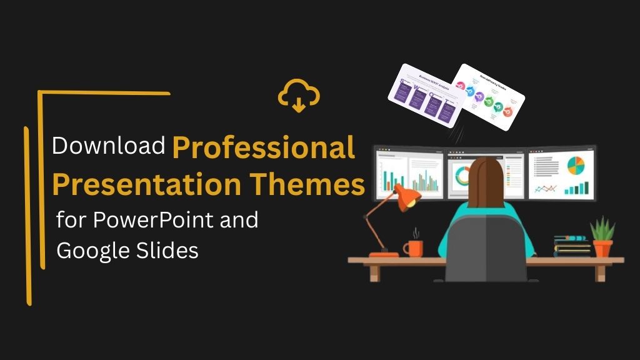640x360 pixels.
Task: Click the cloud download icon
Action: click(299, 96)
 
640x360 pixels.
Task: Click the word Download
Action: click(108, 146)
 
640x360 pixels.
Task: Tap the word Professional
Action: click(263, 147)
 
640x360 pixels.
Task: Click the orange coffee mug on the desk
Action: click(413, 248)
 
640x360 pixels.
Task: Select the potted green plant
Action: click(602, 236)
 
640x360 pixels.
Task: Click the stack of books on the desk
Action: click(572, 246)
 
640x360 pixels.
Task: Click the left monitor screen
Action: click(409, 174)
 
